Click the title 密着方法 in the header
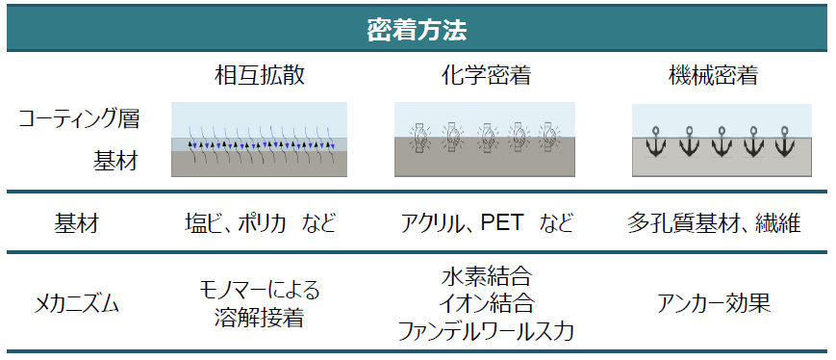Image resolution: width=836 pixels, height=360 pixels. pos(418,30)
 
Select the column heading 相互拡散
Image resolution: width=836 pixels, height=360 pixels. pos(259,75)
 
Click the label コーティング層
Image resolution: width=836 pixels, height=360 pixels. pos(79,119)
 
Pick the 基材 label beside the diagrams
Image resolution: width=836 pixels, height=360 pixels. pos(114,160)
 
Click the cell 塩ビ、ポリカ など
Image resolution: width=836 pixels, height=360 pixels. pos(260,224)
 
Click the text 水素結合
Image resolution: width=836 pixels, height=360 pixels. pos(486,279)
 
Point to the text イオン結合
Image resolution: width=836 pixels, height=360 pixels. pos(486,305)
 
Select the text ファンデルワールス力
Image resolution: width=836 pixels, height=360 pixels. pos(486,332)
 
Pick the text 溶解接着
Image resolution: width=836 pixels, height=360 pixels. pos(259,319)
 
